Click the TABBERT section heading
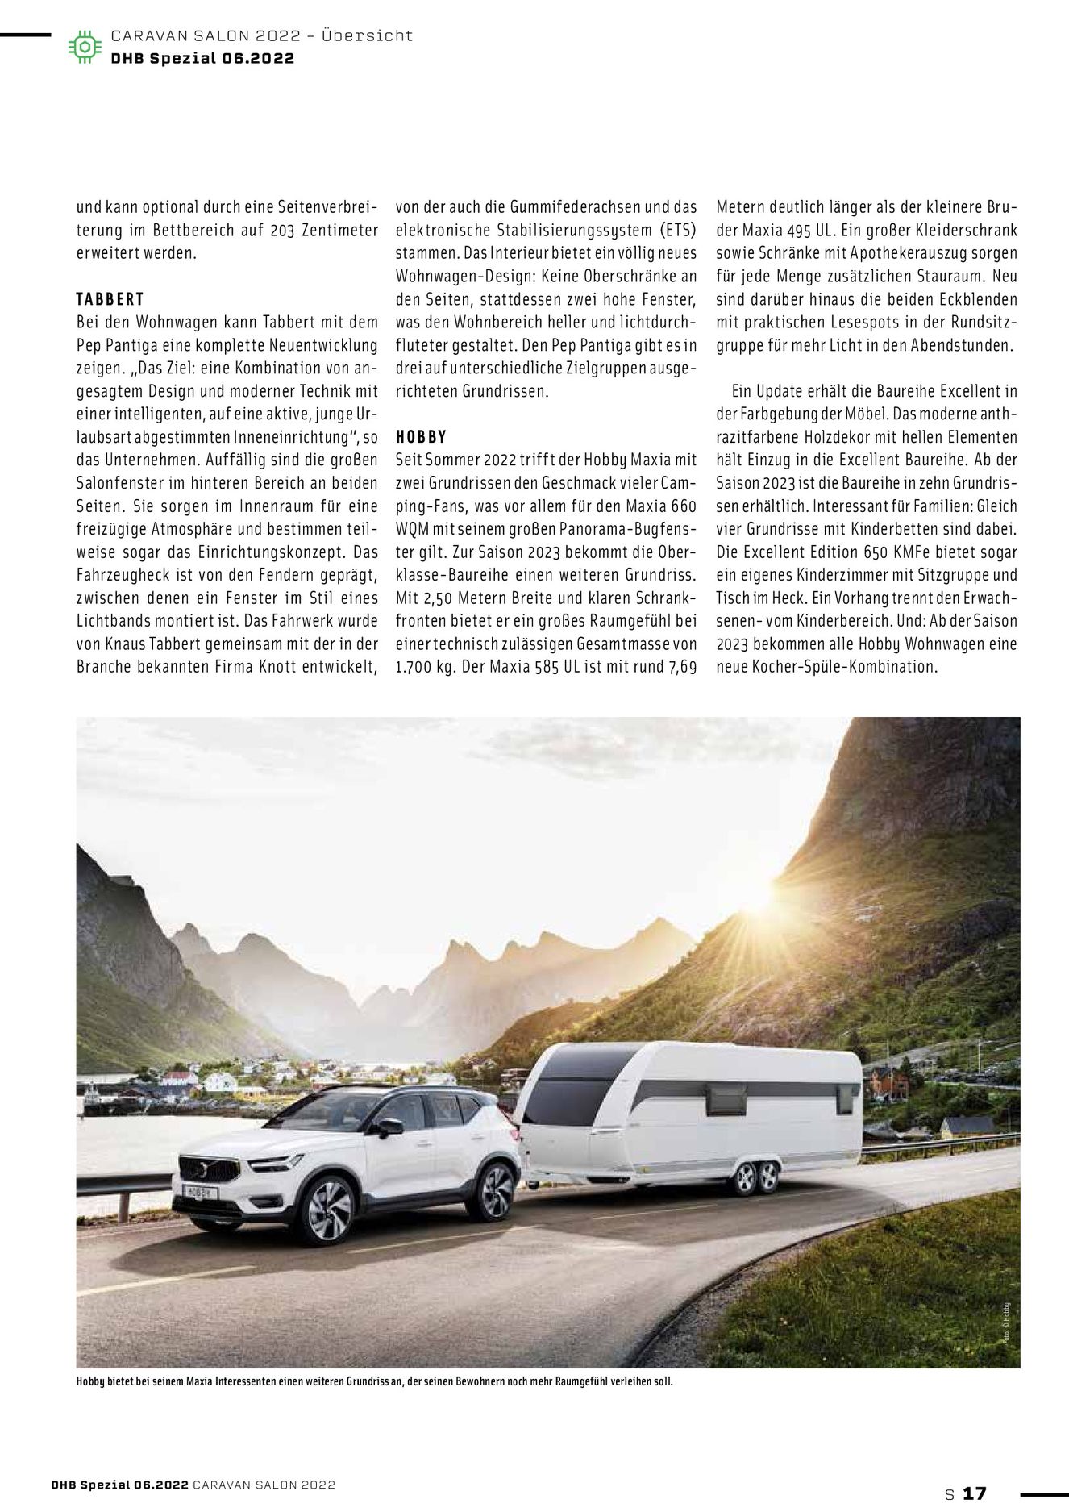[x=110, y=299]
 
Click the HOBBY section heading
[x=421, y=437]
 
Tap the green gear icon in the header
[x=84, y=47]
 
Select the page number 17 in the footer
[x=974, y=1493]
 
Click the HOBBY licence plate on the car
[x=197, y=1191]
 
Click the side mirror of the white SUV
[x=390, y=1127]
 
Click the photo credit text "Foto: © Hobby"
[x=1007, y=1323]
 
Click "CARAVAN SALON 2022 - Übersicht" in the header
[x=262, y=36]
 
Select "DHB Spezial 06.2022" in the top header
[x=202, y=58]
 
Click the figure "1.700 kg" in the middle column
[x=424, y=668]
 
